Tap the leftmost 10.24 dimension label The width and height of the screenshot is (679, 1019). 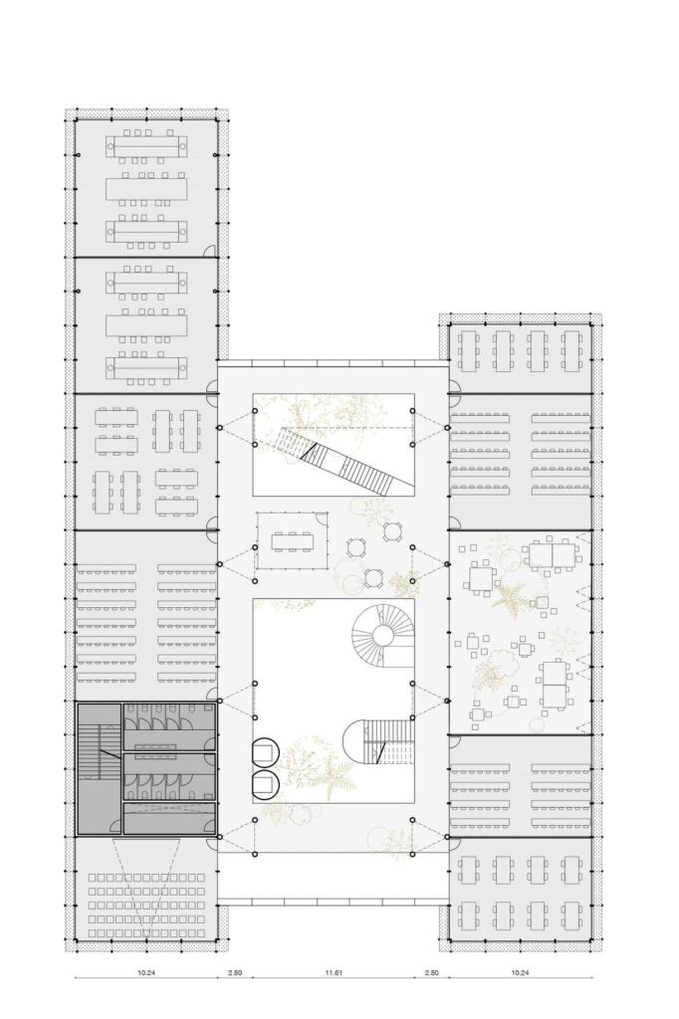(145, 970)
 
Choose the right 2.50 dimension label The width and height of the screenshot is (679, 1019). (432, 970)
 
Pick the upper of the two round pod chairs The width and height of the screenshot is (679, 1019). (266, 752)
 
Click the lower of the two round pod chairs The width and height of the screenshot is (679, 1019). (266, 785)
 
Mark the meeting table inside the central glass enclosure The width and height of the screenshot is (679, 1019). (292, 542)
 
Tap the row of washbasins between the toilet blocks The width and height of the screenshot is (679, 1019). (168, 745)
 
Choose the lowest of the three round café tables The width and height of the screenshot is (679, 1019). (372, 577)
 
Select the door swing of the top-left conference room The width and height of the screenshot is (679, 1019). (211, 252)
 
